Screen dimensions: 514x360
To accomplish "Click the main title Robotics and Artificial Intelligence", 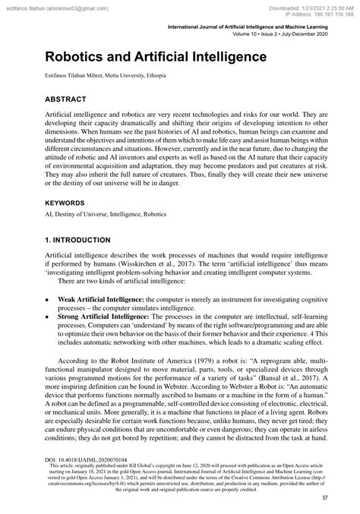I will point(156,57).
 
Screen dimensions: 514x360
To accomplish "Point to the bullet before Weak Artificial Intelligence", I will point(48,300).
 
